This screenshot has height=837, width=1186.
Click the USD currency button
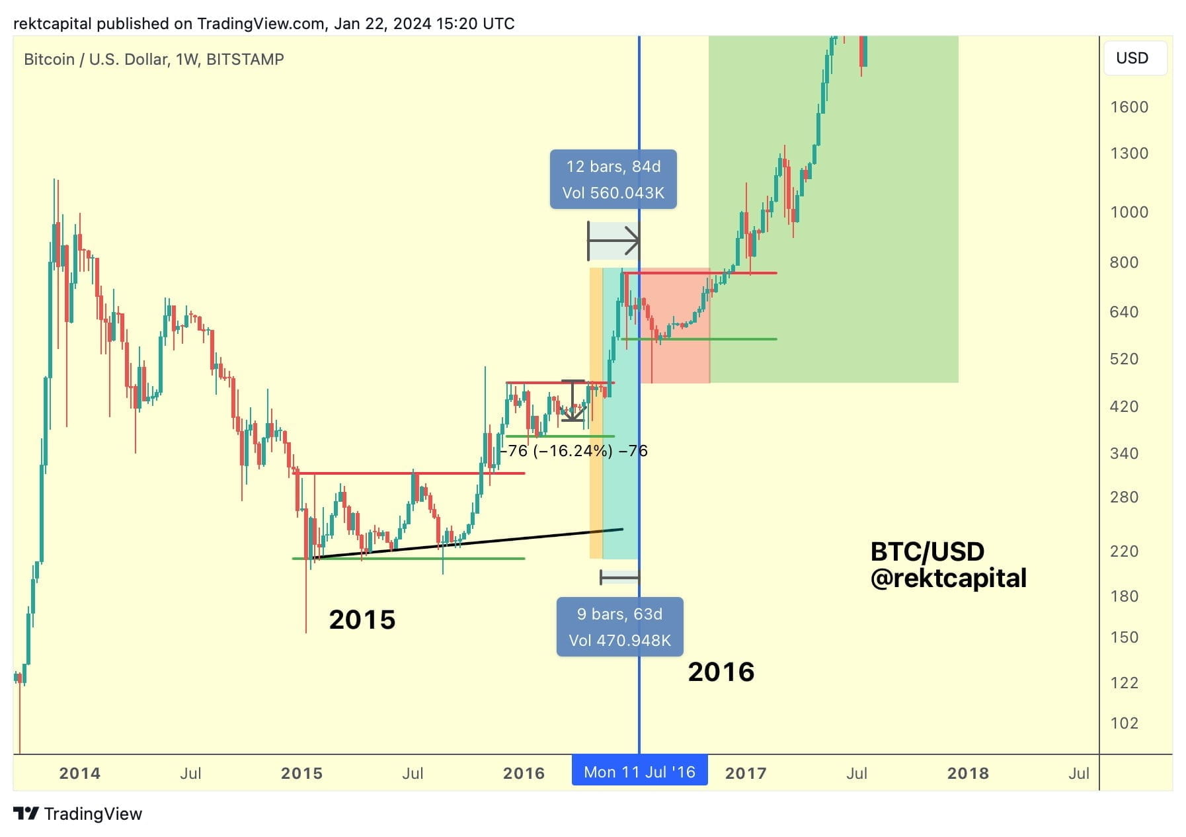point(1132,58)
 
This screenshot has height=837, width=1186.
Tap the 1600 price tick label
point(1128,107)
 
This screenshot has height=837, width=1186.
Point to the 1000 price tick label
point(1128,212)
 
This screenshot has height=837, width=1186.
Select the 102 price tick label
point(1124,723)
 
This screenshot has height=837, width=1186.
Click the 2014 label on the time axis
point(79,773)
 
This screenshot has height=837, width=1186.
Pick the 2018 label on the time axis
point(967,773)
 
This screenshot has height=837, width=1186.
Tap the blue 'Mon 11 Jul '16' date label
point(639,772)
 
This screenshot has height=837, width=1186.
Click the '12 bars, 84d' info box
point(613,179)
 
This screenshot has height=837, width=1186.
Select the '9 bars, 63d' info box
point(619,627)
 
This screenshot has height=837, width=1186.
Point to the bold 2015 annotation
point(362,619)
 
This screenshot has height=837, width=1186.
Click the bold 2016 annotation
point(721,672)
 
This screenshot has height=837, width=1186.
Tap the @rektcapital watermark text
point(948,578)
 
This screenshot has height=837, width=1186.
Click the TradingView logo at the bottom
point(77,814)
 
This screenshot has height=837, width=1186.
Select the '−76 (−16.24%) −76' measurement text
point(574,451)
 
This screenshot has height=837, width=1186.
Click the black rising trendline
point(469,543)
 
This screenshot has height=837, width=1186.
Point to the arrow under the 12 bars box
point(613,241)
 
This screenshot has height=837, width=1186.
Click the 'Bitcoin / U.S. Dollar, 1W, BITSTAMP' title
point(153,60)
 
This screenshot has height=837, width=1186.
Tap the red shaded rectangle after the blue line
point(674,357)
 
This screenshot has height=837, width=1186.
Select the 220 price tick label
point(1124,551)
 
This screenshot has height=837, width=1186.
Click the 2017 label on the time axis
point(745,773)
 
